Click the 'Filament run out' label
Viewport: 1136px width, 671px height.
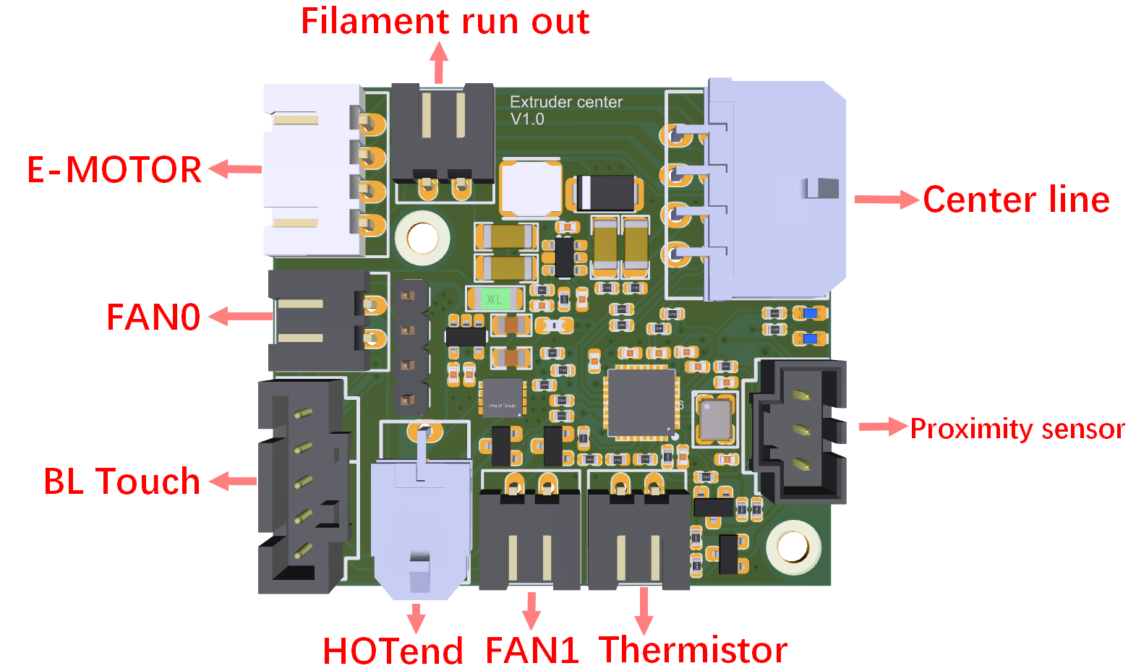tap(445, 22)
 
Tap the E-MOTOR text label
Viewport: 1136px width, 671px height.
tap(114, 170)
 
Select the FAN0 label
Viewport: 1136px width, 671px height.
tap(153, 317)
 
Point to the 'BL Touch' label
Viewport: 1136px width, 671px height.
tap(121, 482)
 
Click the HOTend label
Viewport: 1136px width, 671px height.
tap(392, 651)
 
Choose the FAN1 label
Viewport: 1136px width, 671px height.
tap(532, 651)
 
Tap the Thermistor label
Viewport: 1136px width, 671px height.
tap(693, 649)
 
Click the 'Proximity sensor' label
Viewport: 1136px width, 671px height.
tap(1017, 429)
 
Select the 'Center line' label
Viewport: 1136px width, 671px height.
tap(1016, 200)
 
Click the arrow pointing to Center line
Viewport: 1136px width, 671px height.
tap(886, 200)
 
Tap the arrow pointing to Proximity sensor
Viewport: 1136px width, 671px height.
tap(882, 427)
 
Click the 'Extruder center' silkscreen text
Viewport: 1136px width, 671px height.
tap(566, 102)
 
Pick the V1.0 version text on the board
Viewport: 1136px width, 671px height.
tap(527, 119)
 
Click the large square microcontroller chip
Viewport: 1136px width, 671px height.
tap(641, 403)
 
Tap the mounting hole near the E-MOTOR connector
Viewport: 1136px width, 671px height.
tap(422, 237)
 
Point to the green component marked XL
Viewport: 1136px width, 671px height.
tap(495, 298)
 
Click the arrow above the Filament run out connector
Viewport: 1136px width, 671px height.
tap(439, 63)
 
